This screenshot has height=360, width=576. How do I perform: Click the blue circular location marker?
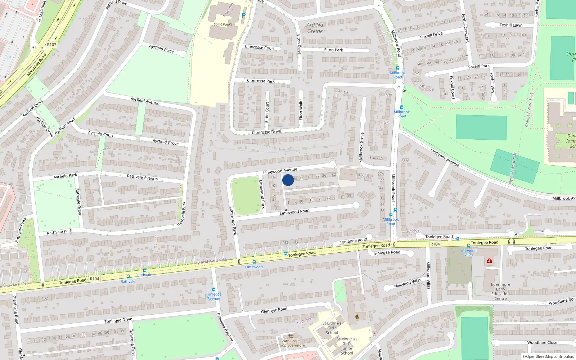coord(288,180)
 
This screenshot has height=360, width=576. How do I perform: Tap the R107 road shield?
coord(51,45)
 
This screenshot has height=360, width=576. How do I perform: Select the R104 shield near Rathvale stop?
coord(94,279)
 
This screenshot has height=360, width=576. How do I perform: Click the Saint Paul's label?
coord(223,24)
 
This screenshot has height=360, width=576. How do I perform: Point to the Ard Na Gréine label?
coord(315,28)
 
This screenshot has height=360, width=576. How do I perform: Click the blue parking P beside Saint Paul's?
coord(244,15)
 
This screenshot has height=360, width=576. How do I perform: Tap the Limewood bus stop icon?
coord(254,262)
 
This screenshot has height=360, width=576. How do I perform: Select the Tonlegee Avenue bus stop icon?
coord(214,289)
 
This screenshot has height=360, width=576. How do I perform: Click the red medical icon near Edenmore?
coord(489,261)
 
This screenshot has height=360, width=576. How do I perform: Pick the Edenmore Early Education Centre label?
coord(500,291)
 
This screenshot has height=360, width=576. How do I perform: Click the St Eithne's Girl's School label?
coord(332,328)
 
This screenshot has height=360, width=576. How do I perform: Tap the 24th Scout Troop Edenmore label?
coord(291,343)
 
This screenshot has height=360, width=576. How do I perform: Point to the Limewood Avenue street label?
coord(280,171)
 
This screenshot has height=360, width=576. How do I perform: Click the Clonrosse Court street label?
coord(260,47)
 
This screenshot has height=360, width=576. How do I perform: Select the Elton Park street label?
coord(333,50)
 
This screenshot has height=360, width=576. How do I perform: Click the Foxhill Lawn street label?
coord(511,25)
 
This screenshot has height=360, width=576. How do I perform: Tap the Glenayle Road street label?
coord(274,310)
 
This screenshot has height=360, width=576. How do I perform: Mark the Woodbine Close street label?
coord(542,343)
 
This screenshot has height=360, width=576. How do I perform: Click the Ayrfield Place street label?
coord(161,49)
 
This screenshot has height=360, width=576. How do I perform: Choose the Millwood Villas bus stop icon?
coord(468,246)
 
